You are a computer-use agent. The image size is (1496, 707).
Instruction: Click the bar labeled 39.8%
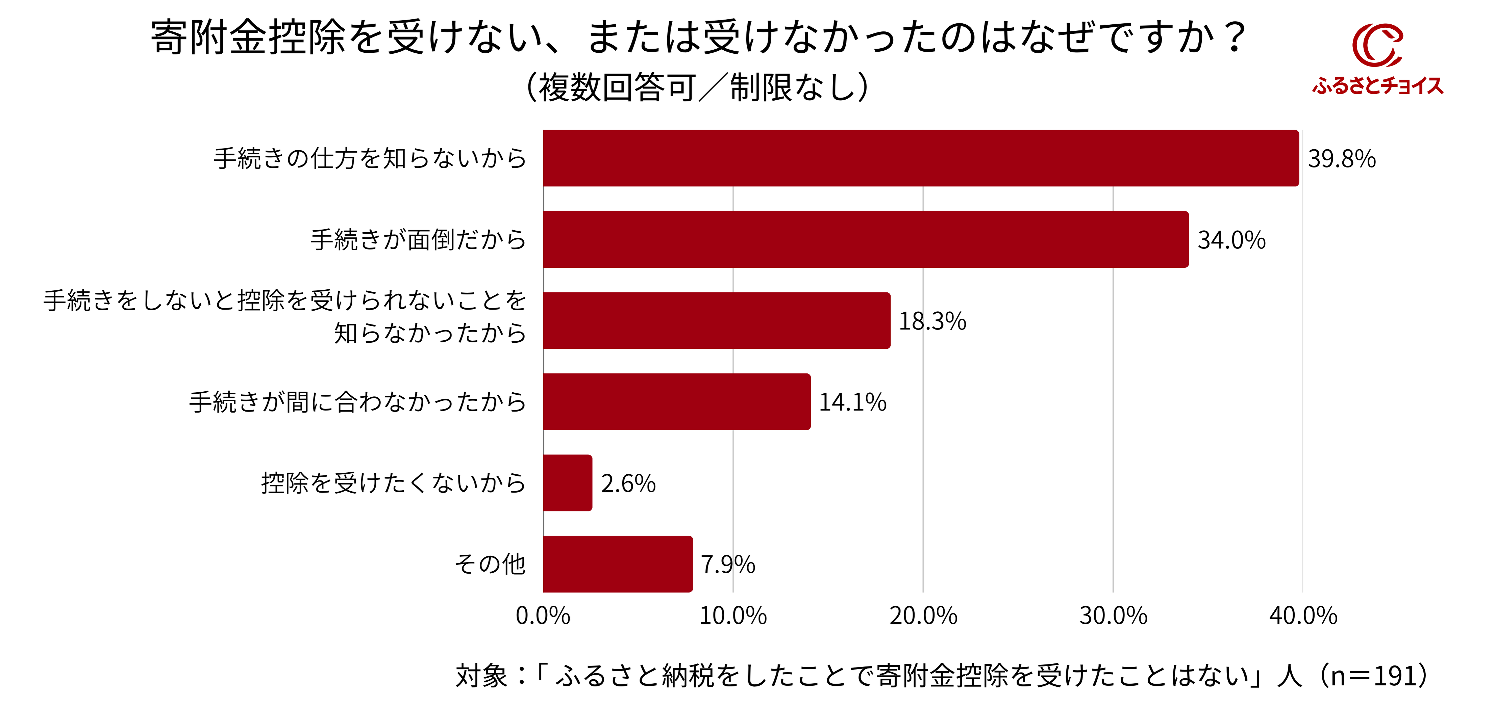921,158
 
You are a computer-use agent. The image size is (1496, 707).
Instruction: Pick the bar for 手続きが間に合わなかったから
677,402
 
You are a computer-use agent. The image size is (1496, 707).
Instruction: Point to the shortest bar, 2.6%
567,483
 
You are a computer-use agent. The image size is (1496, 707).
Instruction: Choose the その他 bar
617,564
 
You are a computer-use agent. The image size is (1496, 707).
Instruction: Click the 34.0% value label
1231,240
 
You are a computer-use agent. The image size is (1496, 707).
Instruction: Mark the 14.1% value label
852,402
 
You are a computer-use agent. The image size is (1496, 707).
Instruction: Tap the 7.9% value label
728,565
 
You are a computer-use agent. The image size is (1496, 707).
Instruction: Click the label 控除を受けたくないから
393,483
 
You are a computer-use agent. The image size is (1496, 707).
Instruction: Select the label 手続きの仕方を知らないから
370,158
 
